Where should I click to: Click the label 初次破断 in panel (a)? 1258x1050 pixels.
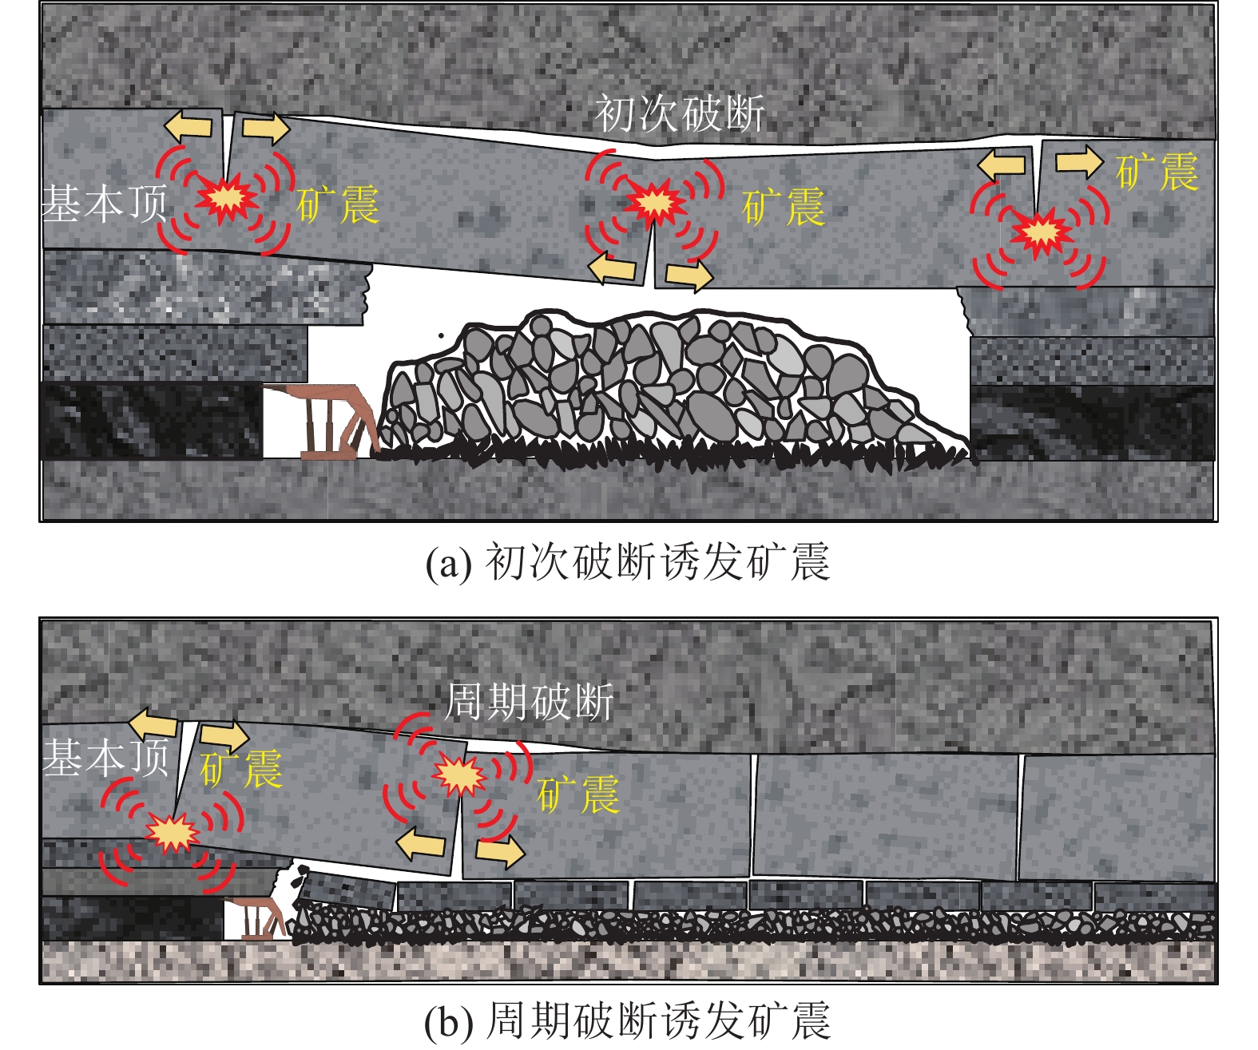point(680,113)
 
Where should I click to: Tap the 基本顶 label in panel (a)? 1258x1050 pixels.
point(105,203)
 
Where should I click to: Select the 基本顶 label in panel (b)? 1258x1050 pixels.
point(105,756)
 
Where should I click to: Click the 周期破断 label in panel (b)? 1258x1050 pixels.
point(530,703)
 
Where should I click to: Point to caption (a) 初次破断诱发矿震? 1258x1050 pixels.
point(628,562)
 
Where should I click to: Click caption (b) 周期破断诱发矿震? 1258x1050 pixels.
point(628,1021)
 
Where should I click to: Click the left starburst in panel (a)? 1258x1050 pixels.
point(227,198)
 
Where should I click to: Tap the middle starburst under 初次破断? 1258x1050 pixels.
point(655,203)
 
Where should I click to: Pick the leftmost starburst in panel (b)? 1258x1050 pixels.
point(173,833)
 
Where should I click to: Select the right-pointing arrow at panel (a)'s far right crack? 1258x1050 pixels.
point(1078,161)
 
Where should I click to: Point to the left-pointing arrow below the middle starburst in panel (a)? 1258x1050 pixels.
point(613,268)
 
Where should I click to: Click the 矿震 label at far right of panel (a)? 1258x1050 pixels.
point(1157,172)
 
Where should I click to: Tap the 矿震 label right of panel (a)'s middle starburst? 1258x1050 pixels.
point(784,208)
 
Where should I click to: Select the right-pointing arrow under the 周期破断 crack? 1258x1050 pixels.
point(500,851)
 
